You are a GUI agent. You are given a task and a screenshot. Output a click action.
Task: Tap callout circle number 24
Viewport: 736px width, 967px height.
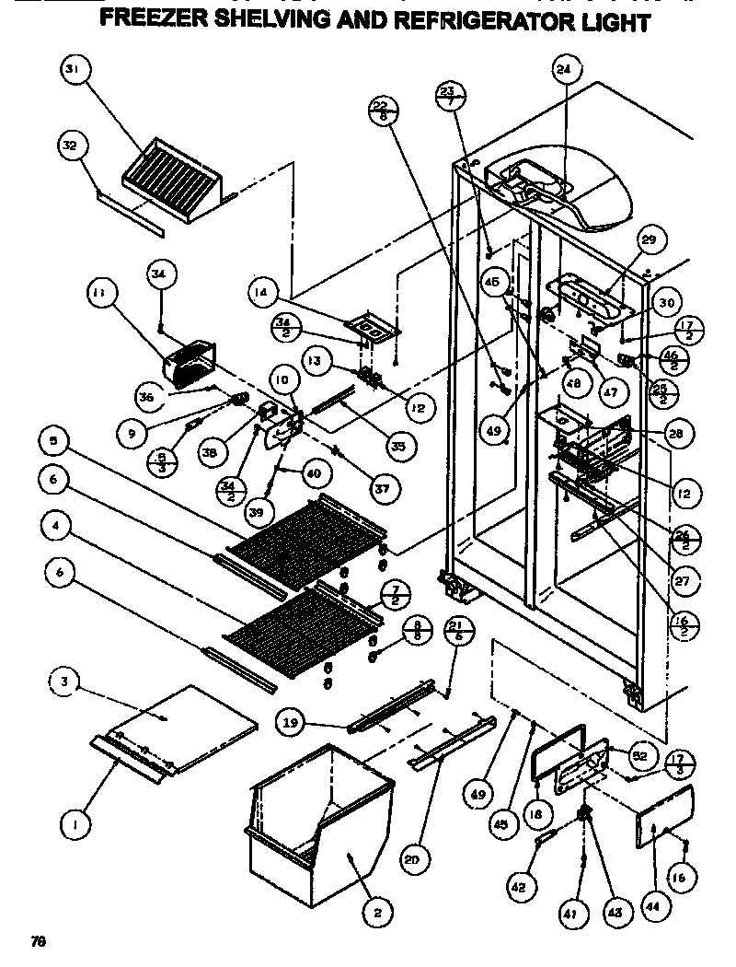tap(563, 70)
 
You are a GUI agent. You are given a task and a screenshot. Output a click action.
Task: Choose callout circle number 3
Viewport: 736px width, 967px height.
tap(64, 683)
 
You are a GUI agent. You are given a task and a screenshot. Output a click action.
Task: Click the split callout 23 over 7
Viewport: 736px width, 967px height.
tap(448, 98)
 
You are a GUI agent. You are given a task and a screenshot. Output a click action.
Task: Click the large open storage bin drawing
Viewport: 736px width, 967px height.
tap(322, 810)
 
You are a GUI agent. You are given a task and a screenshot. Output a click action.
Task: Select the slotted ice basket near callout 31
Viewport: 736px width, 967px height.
tap(184, 180)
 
